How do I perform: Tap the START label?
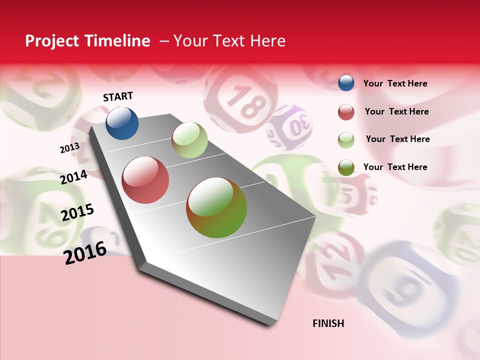click(118, 96)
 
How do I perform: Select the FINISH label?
click(328, 323)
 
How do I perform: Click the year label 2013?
click(69, 148)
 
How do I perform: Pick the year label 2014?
click(73, 177)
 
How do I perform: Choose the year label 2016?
click(85, 252)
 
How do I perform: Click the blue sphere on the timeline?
click(122, 123)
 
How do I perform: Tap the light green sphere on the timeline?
click(189, 140)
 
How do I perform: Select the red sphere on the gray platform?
click(145, 180)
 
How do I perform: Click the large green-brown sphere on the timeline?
click(216, 207)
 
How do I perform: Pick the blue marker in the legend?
click(346, 83)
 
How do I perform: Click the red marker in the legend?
click(346, 112)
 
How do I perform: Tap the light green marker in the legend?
click(346, 140)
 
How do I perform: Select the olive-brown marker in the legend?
click(346, 167)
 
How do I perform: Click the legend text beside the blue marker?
click(395, 83)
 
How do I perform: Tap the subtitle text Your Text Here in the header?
click(229, 41)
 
